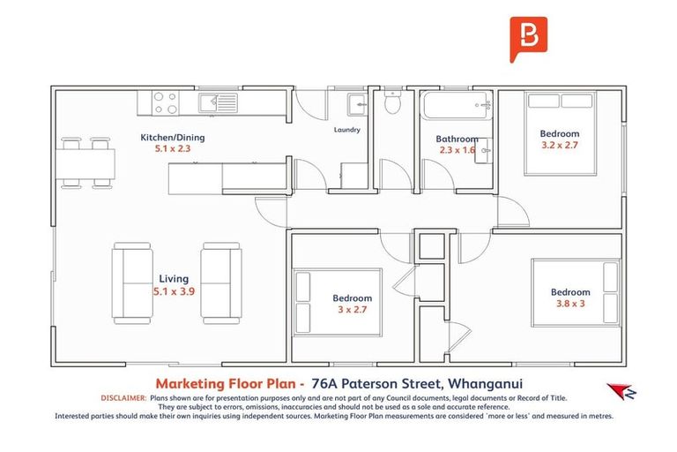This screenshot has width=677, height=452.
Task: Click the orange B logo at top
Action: point(528,39)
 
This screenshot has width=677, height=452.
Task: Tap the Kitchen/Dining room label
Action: point(173,138)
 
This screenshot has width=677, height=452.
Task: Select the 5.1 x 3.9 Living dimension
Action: point(174,290)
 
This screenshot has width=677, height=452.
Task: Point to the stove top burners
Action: point(166,102)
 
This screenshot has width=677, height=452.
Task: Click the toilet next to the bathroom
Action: point(394,104)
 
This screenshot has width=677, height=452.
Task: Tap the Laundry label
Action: point(346,130)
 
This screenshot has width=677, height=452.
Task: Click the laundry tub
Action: point(357,105)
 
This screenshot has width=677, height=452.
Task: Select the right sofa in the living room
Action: point(221,281)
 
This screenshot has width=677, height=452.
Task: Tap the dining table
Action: point(86,162)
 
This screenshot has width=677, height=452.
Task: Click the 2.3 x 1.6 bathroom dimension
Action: point(457,150)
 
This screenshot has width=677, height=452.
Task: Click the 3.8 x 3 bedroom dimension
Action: point(570,305)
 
